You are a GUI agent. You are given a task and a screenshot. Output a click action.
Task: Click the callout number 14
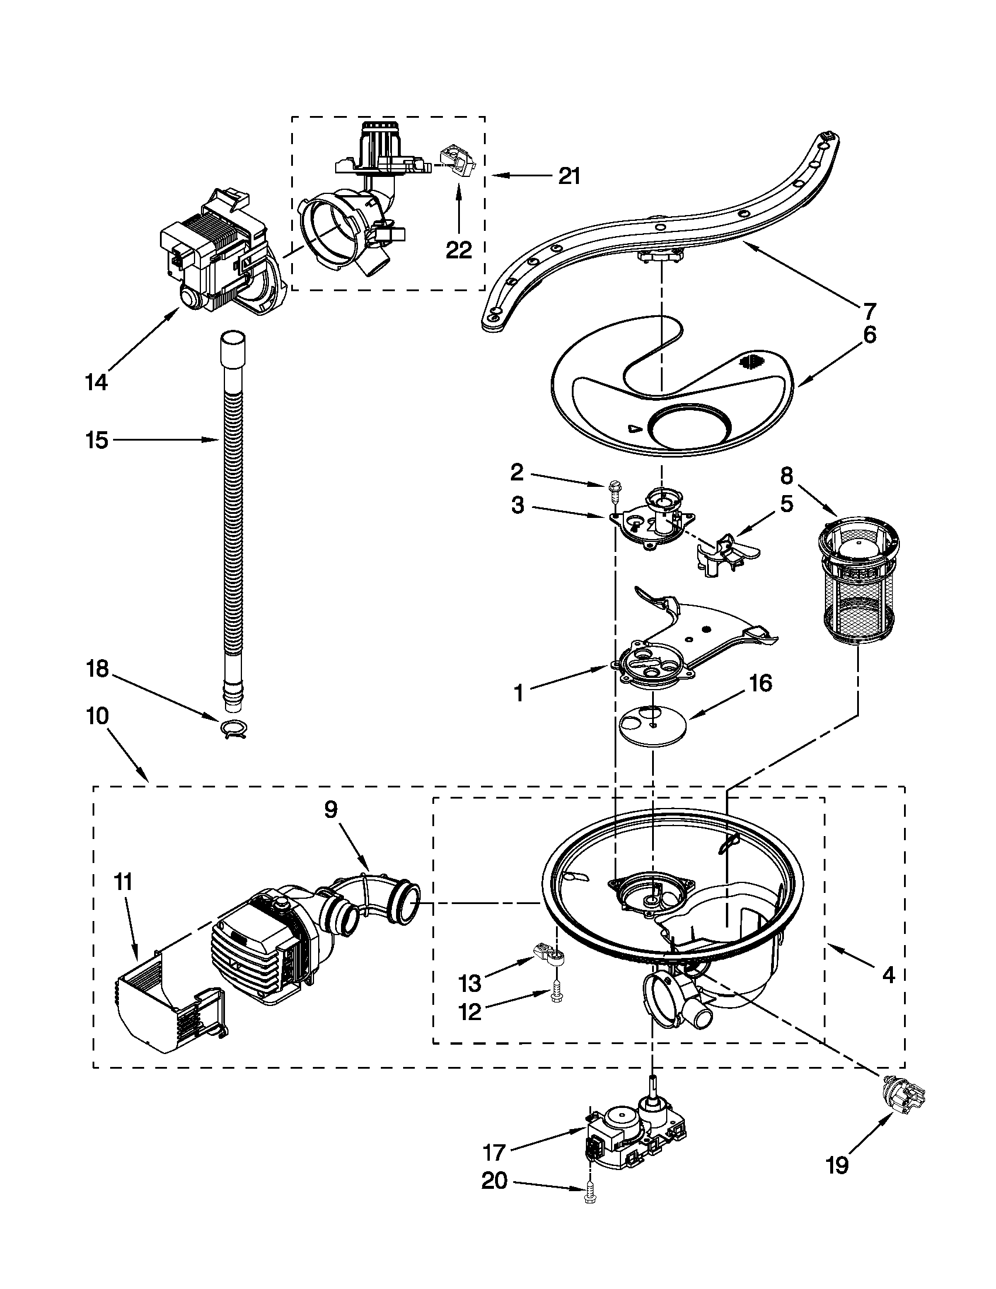pyautogui.click(x=96, y=383)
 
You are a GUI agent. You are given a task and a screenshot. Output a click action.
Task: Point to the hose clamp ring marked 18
pyautogui.click(x=234, y=730)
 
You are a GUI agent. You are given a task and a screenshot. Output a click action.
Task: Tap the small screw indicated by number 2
pyautogui.click(x=613, y=489)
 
